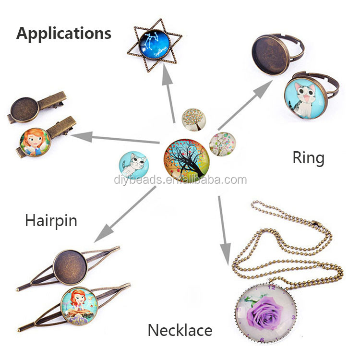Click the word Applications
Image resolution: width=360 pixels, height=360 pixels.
pyautogui.click(x=64, y=34)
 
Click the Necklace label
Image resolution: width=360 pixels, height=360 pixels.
pyautogui.click(x=180, y=330)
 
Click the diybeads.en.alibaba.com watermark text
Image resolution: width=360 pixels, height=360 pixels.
pyautogui.click(x=180, y=180)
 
